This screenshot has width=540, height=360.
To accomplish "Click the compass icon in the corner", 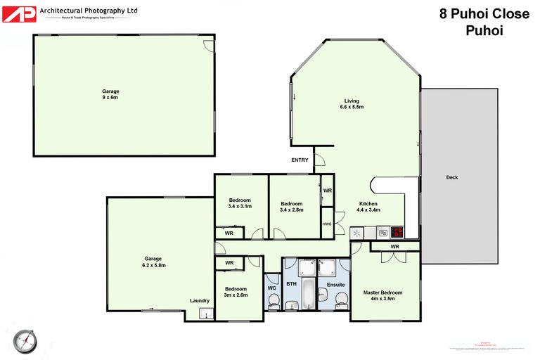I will pos(26,340).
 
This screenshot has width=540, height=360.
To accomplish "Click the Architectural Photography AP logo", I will pos(19,13).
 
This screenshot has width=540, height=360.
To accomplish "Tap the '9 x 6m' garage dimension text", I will pos(110,98).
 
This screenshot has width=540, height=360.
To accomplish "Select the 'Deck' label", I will pos(452,177).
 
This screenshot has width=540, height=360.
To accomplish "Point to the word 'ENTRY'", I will pos(300,160).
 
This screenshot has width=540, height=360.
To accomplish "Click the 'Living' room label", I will pos(352,101).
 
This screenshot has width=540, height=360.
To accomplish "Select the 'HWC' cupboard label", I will pos(327,224).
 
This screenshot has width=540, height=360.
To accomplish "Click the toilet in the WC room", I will pos(274,300).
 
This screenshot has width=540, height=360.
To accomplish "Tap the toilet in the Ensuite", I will pos(341,300).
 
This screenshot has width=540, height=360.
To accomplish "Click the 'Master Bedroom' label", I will pos(383,292).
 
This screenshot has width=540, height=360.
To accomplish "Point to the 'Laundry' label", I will pos(200,301).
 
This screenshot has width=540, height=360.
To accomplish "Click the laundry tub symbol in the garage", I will pos(205,314).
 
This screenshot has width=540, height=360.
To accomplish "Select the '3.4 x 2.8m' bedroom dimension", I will pos(292,210).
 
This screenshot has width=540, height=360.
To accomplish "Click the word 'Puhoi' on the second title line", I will pos(484,30).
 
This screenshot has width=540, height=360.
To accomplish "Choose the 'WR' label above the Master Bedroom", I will pos(395,247).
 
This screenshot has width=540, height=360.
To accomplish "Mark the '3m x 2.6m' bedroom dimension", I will pos(236,295).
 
